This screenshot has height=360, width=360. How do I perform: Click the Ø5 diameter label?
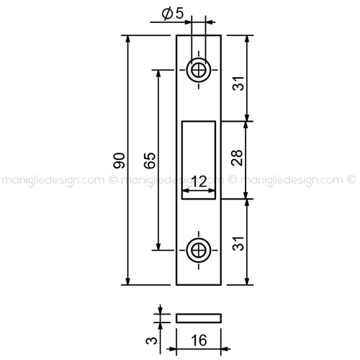pos(173,14)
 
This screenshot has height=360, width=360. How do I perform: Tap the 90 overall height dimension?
pos(119,161)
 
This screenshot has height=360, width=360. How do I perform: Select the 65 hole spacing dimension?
pos(150,161)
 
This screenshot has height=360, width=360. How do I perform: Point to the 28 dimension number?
pos(237,158)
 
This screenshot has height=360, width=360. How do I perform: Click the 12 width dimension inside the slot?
pos(199,181)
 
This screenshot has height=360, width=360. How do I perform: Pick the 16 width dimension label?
pos(199,340)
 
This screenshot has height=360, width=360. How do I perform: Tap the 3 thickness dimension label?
pos(152,340)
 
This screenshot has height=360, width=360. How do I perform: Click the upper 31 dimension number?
pos(238,84)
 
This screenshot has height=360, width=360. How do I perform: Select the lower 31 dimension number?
pos(238,243)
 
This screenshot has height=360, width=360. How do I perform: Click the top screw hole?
pos(199,70)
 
